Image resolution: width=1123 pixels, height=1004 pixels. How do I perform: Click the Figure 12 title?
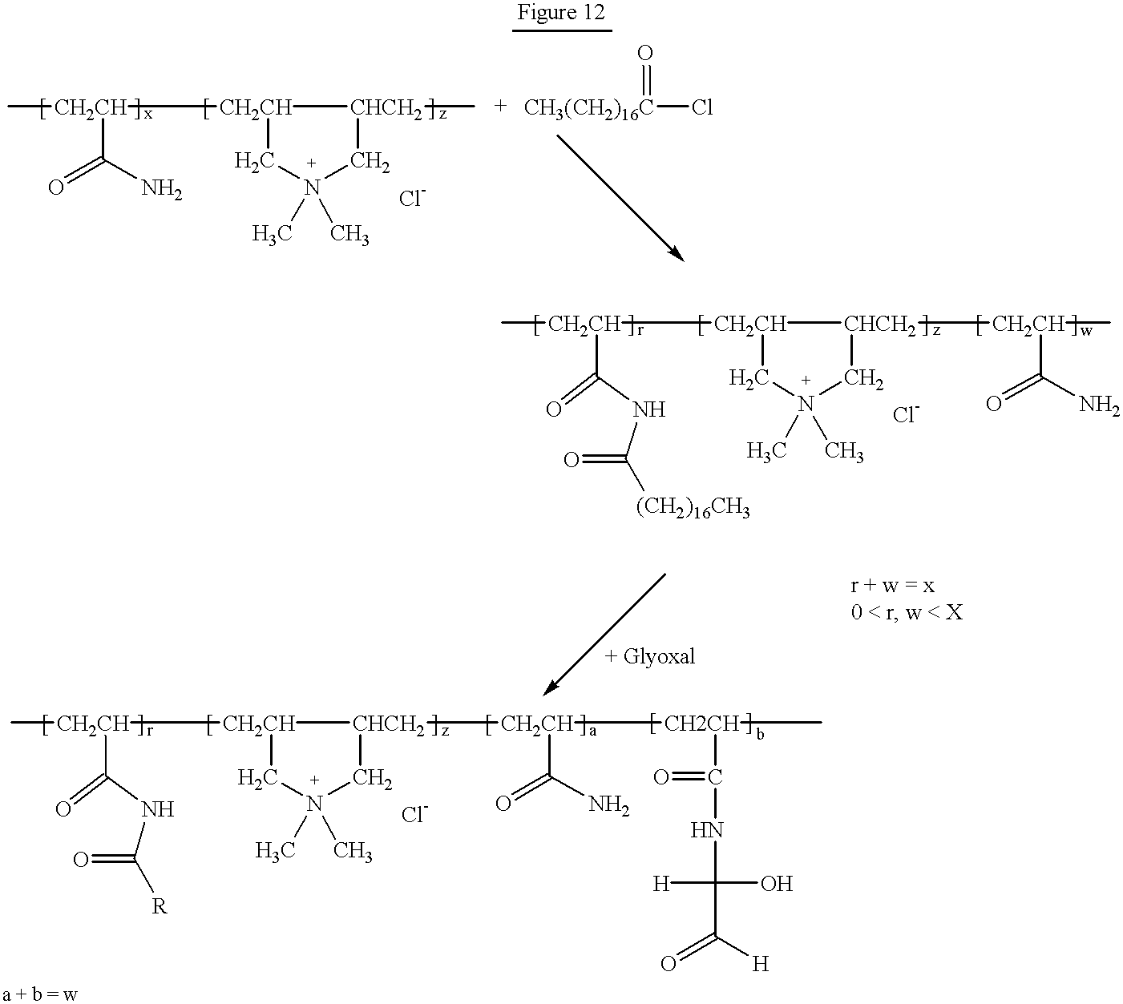pos(561,12)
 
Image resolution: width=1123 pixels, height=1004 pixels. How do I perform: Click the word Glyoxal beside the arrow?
pos(659,657)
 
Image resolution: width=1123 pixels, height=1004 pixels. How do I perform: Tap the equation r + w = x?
pos(893,586)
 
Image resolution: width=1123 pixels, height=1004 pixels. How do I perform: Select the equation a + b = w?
pos(40,994)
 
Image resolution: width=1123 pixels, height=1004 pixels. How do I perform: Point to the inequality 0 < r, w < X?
pos(907,612)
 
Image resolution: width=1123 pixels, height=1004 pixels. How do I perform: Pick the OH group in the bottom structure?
pos(777,884)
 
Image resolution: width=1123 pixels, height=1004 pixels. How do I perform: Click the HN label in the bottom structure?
pos(707,830)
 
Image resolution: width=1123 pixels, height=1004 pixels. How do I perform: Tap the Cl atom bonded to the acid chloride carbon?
pos(702,107)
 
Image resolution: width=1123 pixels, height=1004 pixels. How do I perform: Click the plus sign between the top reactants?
pos(500,106)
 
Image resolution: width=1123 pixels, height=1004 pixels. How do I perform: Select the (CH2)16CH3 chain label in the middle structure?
pos(693,507)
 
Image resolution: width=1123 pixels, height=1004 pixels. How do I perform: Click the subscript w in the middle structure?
pos(1086,331)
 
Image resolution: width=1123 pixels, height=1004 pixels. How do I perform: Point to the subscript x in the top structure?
pos(147,115)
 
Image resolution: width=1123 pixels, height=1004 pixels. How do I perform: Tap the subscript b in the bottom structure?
pos(760,735)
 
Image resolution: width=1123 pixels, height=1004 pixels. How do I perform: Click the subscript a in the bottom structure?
pos(592,732)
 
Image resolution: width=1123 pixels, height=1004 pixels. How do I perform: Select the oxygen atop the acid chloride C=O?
pos(645,53)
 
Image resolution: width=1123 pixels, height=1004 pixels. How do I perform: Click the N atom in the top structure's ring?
pos(312,187)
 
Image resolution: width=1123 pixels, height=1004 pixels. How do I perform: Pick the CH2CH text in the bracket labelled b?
pos(701,724)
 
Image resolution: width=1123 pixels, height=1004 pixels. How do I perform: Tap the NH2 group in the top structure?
pos(162,189)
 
